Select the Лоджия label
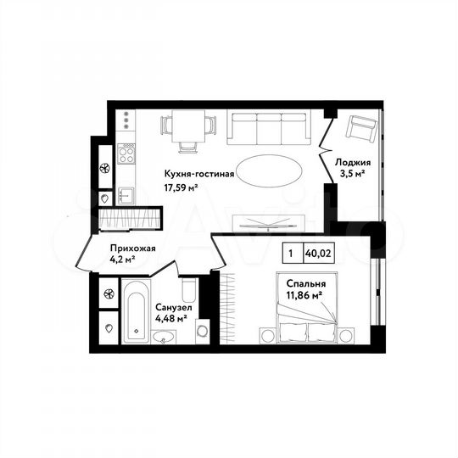pos(351,162)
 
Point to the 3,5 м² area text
pos(351,176)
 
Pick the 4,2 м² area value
pos(124,262)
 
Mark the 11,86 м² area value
pos(304,295)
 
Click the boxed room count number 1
pos(291,252)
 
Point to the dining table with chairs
pos(187,129)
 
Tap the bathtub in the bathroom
pos(136,316)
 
